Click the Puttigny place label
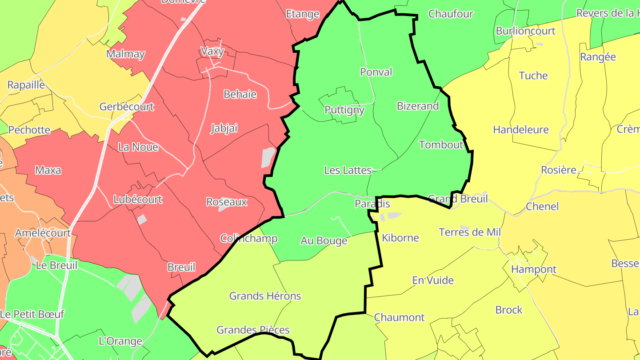344,110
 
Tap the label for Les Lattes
348,170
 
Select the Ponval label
376,72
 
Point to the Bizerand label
418,106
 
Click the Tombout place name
441,144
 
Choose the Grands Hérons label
265,296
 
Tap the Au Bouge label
324,240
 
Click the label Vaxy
212,51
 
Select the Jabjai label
224,128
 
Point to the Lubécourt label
138,199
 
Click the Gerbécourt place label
127,107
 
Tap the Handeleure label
521,129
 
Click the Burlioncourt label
526,31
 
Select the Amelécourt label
43,233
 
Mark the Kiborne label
400,238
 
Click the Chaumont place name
400,317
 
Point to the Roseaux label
227,202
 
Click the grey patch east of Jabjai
268,157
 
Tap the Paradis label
372,204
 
